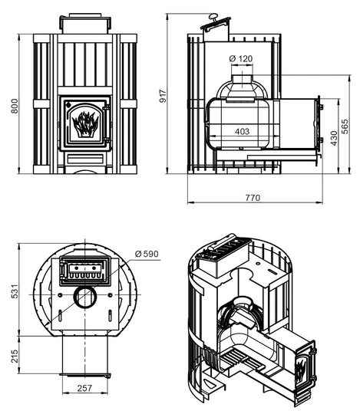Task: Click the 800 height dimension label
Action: coord(15,106)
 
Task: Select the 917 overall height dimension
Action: coord(163,96)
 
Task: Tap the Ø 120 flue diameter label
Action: coord(241,58)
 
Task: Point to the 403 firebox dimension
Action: coord(242,131)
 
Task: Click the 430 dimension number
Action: coord(334,138)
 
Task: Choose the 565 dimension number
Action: coord(345,127)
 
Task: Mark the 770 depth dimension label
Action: coord(253,198)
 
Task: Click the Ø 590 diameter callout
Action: coord(147,254)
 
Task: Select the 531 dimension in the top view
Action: coord(15,291)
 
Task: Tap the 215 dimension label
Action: coord(15,356)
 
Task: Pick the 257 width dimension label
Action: coord(84,388)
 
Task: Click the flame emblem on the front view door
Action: coord(85,124)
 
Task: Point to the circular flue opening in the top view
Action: coord(85,297)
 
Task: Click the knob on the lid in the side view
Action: coord(213,18)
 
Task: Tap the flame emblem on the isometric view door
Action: coord(301,369)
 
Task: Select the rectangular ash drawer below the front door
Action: coord(85,159)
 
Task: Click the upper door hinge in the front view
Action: coord(107,107)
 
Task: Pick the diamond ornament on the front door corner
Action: coord(68,104)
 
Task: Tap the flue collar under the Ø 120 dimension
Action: coord(242,81)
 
